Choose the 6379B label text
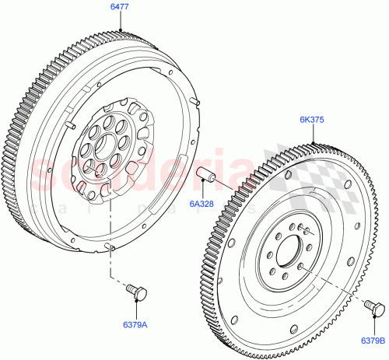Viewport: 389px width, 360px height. pyautogui.click(x=372, y=339)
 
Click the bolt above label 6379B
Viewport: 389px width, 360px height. pyautogui.click(x=374, y=310)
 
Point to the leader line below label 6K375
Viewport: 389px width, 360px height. pyautogui.click(x=315, y=133)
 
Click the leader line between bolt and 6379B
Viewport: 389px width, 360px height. pyautogui.click(x=374, y=325)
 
